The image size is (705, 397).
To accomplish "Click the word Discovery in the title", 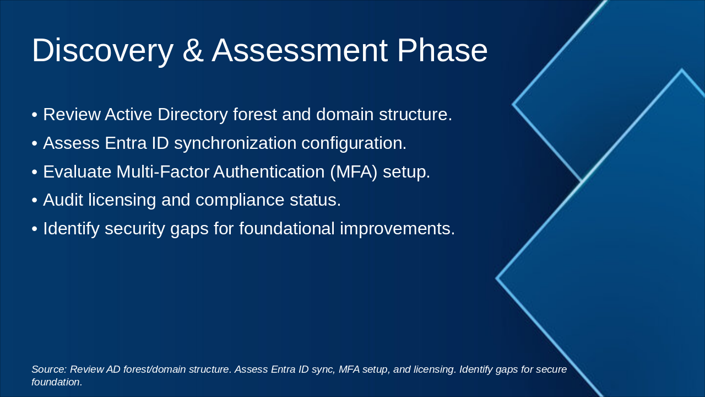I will tap(102, 51).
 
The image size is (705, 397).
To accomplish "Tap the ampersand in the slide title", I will tap(193, 51).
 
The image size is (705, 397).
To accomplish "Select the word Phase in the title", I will tap(442, 51).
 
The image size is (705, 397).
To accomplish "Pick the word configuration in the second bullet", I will tap(354, 143).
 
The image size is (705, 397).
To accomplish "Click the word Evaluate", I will tap(77, 172).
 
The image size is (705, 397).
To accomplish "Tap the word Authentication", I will tap(269, 172).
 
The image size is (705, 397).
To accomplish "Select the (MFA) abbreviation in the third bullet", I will tap(354, 172).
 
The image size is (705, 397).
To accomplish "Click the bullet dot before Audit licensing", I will tap(35, 201).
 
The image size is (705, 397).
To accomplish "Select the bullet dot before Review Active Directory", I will tap(35, 115).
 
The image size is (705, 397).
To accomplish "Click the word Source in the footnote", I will tap(49, 369).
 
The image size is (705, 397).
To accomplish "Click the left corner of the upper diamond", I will tap(513, 104).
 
